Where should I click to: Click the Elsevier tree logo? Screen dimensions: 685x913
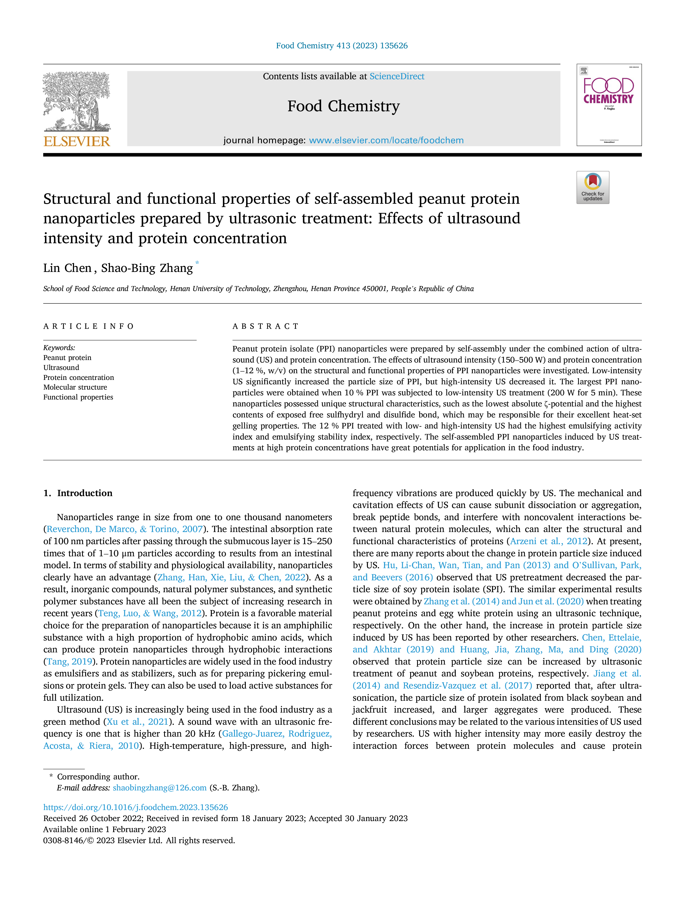[77, 102]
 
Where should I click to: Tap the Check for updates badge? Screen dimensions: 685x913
[592, 187]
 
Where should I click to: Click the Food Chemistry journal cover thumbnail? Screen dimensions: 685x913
[609, 105]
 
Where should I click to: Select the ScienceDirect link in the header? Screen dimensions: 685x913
[397, 76]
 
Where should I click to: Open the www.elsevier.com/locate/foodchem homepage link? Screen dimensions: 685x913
[386, 140]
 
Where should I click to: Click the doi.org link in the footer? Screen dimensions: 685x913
[135, 807]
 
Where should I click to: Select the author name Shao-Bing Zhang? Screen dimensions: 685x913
[147, 268]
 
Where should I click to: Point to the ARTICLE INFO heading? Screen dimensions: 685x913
[88, 326]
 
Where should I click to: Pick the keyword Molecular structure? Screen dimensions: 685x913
[75, 387]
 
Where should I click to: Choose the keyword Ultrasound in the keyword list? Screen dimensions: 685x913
[61, 367]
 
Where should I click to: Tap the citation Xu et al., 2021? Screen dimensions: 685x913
[138, 721]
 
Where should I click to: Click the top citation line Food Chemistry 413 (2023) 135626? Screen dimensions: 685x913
[342, 46]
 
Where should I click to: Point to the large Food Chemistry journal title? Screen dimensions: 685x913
[344, 106]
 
